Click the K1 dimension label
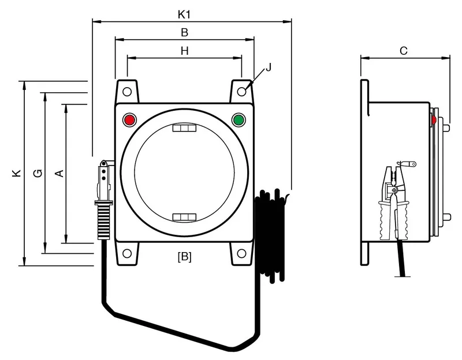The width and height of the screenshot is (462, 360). click(184, 14)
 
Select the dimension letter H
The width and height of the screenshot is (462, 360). click(184, 51)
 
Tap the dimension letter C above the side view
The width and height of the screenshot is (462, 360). click(403, 51)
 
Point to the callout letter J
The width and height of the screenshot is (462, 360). click(268, 67)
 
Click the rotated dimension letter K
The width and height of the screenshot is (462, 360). click(17, 172)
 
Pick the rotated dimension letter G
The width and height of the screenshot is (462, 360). click(38, 173)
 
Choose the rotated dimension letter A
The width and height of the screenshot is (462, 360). click(59, 173)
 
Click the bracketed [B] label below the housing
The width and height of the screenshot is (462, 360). click(184, 257)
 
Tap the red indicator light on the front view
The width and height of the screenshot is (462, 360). click(129, 120)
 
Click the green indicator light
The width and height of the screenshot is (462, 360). click(239, 120)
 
